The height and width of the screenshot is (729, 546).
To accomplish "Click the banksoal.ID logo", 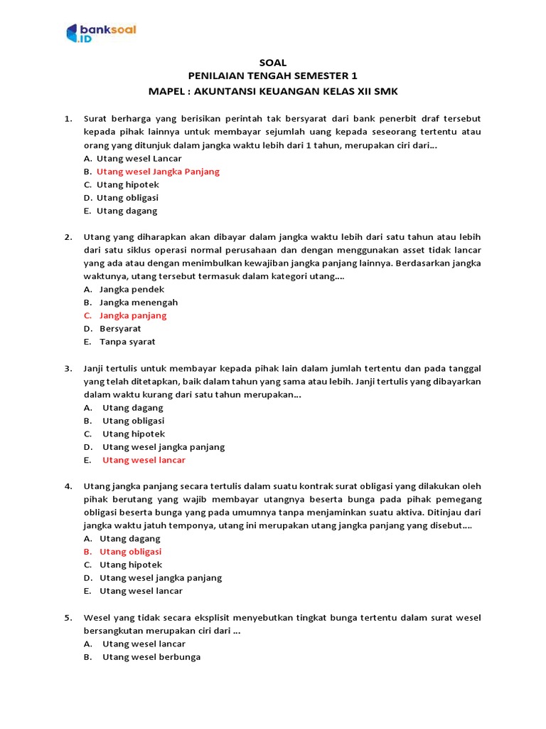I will coord(100,33).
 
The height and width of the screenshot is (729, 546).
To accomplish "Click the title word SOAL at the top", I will coord(273,63).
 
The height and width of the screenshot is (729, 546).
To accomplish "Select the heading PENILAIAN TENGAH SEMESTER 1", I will coord(273,76).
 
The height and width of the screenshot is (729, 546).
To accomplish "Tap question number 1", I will coord(68,119).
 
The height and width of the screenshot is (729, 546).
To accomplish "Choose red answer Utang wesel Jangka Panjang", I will coord(158,172).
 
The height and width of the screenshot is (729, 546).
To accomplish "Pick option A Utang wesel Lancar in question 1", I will coord(139,158).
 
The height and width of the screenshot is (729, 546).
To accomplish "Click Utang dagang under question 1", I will coord(127,211).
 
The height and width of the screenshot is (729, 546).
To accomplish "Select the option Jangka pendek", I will coord(132,289).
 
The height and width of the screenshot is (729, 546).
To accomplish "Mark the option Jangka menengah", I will coord(139,303).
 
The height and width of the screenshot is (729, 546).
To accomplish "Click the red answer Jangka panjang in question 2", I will coord(133,315).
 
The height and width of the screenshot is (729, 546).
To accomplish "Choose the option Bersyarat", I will coord(120,329).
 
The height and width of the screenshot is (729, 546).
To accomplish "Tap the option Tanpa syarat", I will coord(127,342).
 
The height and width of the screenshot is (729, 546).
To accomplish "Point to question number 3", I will coord(68,368).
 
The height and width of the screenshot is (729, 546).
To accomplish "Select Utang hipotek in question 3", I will coord(134,434).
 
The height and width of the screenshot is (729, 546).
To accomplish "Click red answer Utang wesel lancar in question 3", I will coord(144,460).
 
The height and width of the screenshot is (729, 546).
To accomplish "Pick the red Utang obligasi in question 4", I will coord(130,552).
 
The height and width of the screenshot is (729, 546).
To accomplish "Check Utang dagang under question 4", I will coord(130,539).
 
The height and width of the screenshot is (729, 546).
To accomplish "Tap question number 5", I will coord(68,617).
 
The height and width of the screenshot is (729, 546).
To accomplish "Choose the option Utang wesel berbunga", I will coord(151,657).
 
